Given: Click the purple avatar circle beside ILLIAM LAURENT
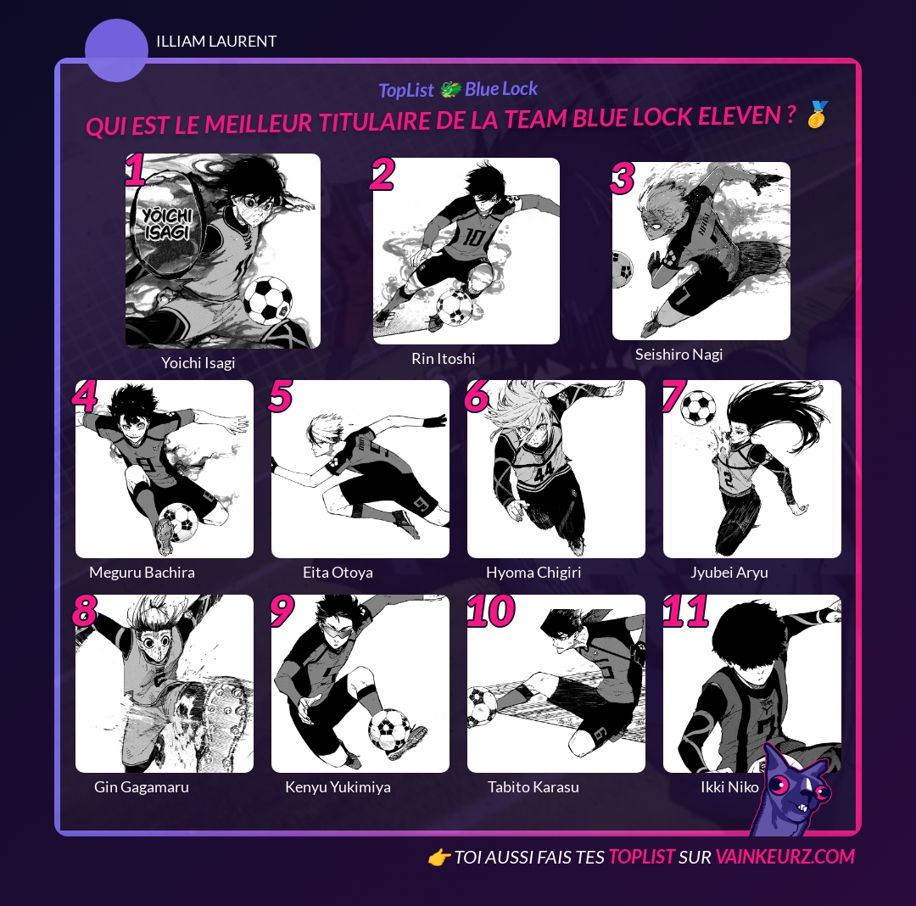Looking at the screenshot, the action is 116,50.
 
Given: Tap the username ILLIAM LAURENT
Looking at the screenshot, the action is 216,42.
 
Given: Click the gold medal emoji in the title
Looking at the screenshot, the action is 818,114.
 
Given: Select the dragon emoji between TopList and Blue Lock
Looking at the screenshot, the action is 450,89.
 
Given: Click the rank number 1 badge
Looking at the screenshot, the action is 136,170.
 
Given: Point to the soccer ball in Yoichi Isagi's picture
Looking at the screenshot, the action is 268,300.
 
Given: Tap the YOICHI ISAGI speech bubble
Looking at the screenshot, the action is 167,225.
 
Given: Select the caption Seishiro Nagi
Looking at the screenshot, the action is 679,355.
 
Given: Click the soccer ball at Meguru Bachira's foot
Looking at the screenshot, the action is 178,523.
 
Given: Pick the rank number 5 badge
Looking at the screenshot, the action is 281,395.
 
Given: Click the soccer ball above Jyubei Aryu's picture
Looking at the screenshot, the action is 699,408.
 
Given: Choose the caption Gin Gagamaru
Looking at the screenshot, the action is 142,787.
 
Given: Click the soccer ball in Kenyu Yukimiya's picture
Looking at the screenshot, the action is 389,730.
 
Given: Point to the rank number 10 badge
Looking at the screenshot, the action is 491,611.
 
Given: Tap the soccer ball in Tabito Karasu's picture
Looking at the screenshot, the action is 482,706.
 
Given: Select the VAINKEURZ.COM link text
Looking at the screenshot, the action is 785,857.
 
